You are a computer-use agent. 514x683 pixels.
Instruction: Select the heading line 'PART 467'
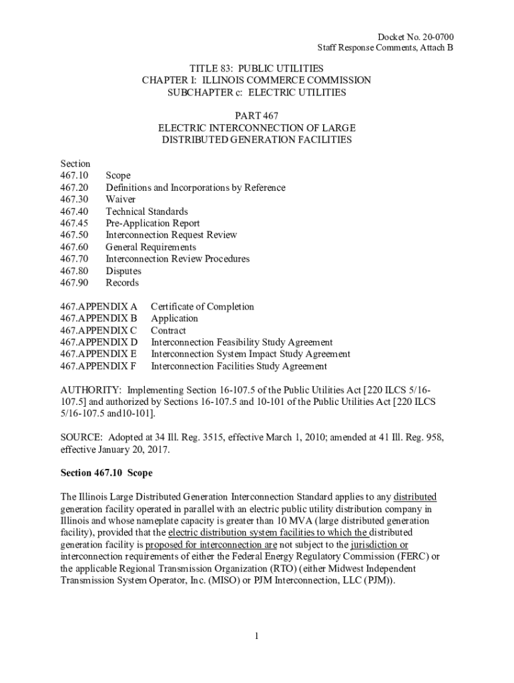pyautogui.click(x=256, y=116)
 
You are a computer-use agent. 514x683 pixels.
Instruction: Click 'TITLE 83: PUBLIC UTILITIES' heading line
pyautogui.click(x=256, y=68)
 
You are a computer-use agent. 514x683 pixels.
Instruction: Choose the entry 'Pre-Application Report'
pyautogui.click(x=153, y=223)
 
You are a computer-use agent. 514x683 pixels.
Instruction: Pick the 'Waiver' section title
pyautogui.click(x=121, y=199)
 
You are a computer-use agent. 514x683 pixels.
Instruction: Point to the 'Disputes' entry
pyautogui.click(x=123, y=271)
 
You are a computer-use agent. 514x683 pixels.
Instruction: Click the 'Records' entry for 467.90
pyautogui.click(x=122, y=283)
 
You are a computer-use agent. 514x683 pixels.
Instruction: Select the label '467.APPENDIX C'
pyautogui.click(x=98, y=330)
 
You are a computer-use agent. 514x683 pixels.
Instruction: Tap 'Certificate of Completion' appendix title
pyautogui.click(x=202, y=307)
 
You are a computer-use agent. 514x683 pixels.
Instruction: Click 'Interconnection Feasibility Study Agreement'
pyautogui.click(x=242, y=342)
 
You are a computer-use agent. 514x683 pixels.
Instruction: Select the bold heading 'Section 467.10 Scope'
pyautogui.click(x=107, y=473)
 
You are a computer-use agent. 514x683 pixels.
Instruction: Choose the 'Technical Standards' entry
pyautogui.click(x=147, y=211)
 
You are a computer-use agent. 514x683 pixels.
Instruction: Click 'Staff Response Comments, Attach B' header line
pyautogui.click(x=385, y=47)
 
